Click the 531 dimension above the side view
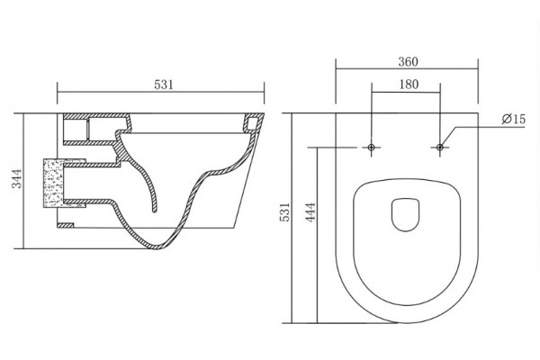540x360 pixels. point(164,85)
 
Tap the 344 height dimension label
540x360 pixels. point(17,178)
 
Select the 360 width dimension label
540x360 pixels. point(408,62)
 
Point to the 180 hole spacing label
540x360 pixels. point(409,85)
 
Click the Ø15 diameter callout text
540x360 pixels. point(514,119)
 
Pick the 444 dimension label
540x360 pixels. point(310,212)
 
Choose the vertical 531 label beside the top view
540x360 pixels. point(285,212)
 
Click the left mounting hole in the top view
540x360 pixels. point(371,148)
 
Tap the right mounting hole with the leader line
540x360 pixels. point(440,148)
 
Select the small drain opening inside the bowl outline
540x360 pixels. point(405,215)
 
